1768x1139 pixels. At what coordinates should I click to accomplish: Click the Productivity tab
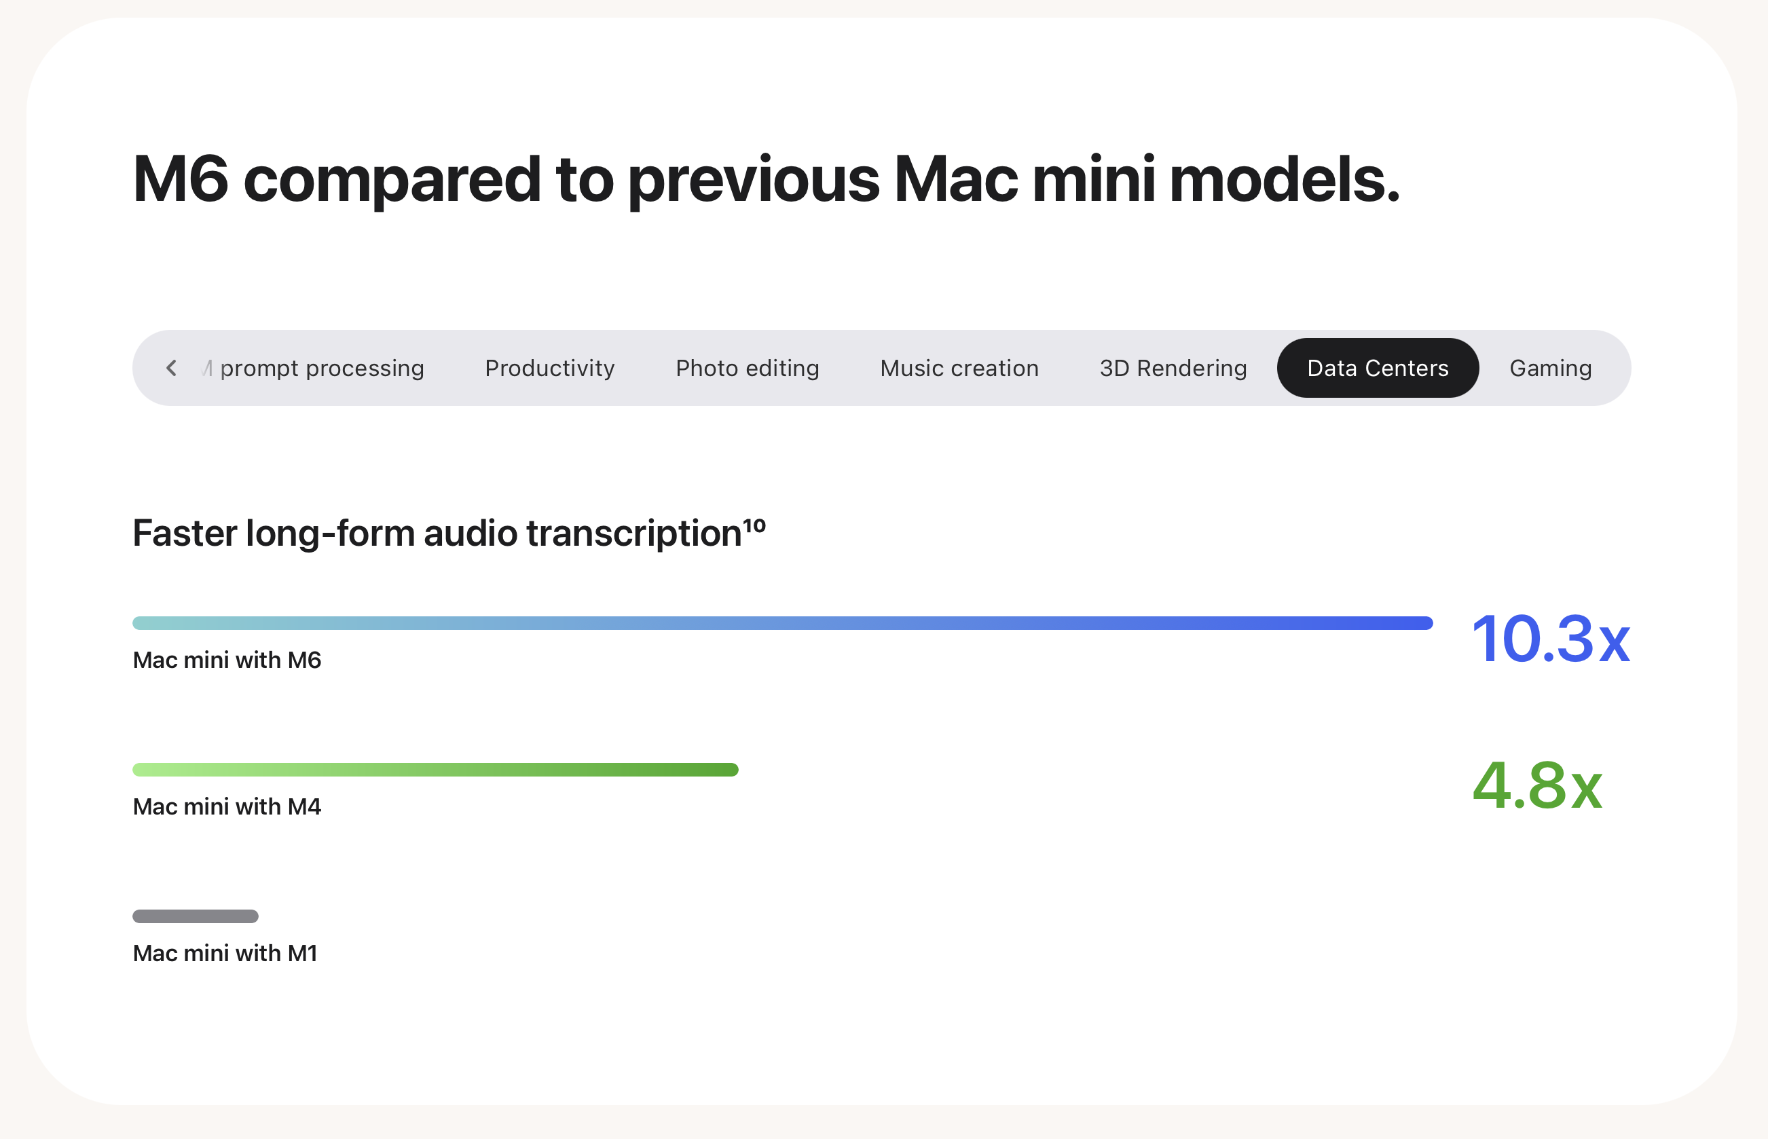pos(550,368)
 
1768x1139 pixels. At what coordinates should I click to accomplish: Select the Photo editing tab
pos(747,369)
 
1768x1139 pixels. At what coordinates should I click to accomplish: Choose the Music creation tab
pos(959,368)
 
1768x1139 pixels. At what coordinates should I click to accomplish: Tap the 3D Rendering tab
pos(1173,369)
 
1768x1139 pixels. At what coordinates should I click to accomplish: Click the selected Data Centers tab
pos(1378,368)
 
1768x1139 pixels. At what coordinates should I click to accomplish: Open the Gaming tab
pos(1551,369)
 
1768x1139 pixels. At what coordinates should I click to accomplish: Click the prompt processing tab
pos(322,369)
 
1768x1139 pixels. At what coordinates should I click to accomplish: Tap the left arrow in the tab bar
pos(171,368)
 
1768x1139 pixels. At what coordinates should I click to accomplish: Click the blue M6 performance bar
pos(783,622)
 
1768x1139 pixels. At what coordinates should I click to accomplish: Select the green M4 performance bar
pos(436,769)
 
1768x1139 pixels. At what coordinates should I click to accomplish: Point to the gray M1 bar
pos(196,916)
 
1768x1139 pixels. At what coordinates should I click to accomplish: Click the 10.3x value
pos(1551,638)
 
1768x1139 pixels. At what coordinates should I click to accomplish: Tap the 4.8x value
pos(1537,785)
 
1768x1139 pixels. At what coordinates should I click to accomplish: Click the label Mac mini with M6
pos(227,660)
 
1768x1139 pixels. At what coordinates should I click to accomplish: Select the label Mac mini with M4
pos(227,806)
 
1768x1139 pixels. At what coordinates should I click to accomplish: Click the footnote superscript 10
pos(754,525)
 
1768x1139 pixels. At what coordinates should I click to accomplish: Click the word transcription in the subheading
pos(634,534)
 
